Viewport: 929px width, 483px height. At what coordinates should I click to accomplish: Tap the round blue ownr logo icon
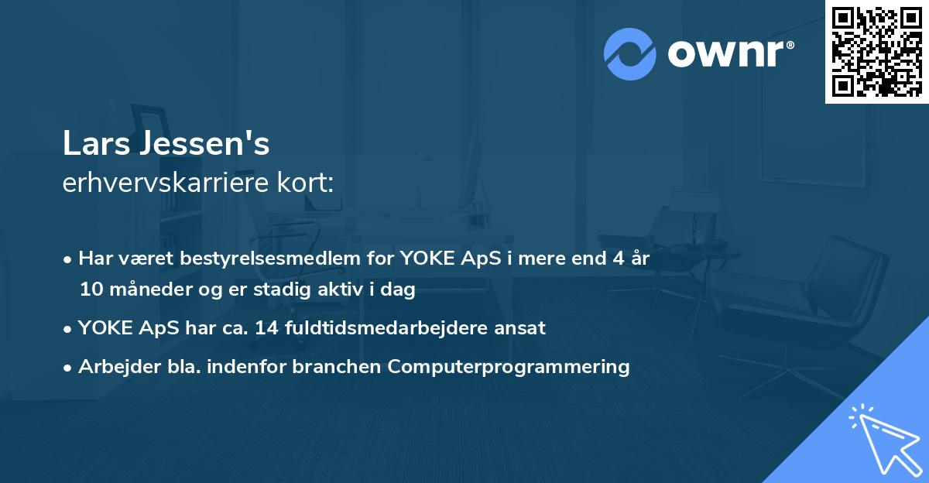click(630, 53)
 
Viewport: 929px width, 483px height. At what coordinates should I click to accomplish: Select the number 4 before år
click(617, 259)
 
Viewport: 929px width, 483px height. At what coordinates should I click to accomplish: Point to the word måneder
click(151, 290)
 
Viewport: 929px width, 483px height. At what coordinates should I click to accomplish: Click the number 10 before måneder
click(91, 290)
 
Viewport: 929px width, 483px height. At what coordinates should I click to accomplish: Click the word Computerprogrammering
click(509, 367)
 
